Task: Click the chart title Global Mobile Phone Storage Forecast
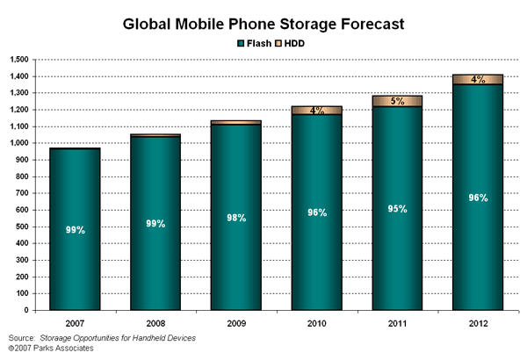[264, 24]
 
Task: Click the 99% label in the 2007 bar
[76, 230]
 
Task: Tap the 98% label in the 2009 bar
[236, 218]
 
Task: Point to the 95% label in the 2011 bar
[398, 208]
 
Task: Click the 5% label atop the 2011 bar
[398, 101]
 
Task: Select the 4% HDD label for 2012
[479, 80]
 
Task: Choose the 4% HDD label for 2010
[317, 111]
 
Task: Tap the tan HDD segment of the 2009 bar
[236, 122]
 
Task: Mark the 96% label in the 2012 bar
[479, 198]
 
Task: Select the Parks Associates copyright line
[51, 349]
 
